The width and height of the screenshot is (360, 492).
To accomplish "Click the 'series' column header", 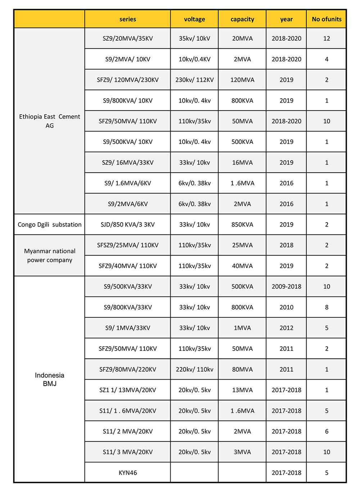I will [x=128, y=19].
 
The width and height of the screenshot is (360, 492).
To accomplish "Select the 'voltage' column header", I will [x=194, y=19].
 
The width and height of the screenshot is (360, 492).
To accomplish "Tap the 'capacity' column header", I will [x=242, y=19].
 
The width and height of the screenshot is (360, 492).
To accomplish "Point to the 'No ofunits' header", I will [x=327, y=19].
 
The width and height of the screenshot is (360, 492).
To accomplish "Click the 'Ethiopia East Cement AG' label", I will [x=50, y=121].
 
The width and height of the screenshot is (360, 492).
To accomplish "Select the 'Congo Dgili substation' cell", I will [x=50, y=224].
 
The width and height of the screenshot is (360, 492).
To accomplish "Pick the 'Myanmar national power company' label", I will [x=50, y=255].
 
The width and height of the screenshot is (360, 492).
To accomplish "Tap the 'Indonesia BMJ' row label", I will [x=50, y=379].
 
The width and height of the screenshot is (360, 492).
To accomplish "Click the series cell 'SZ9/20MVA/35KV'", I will [x=128, y=39].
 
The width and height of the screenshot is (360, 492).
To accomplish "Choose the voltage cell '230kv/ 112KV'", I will [x=194, y=80].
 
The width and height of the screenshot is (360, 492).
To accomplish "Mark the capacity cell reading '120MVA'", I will [x=242, y=80].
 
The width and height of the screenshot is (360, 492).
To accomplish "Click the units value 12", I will [x=327, y=39].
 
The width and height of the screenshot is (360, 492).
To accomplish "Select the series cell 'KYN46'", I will [x=128, y=473].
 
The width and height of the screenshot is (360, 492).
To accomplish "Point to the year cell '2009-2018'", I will [x=287, y=287].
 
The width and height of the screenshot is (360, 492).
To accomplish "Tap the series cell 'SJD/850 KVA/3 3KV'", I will [x=128, y=224].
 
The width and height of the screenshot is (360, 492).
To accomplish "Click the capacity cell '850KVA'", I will [x=242, y=224].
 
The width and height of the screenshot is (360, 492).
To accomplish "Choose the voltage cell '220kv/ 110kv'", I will [x=194, y=369].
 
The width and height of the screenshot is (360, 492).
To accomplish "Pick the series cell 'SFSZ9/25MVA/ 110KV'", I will [x=128, y=245].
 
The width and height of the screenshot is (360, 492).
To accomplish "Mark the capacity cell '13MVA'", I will [x=242, y=390].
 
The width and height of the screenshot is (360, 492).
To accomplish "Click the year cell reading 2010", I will [x=287, y=307].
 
